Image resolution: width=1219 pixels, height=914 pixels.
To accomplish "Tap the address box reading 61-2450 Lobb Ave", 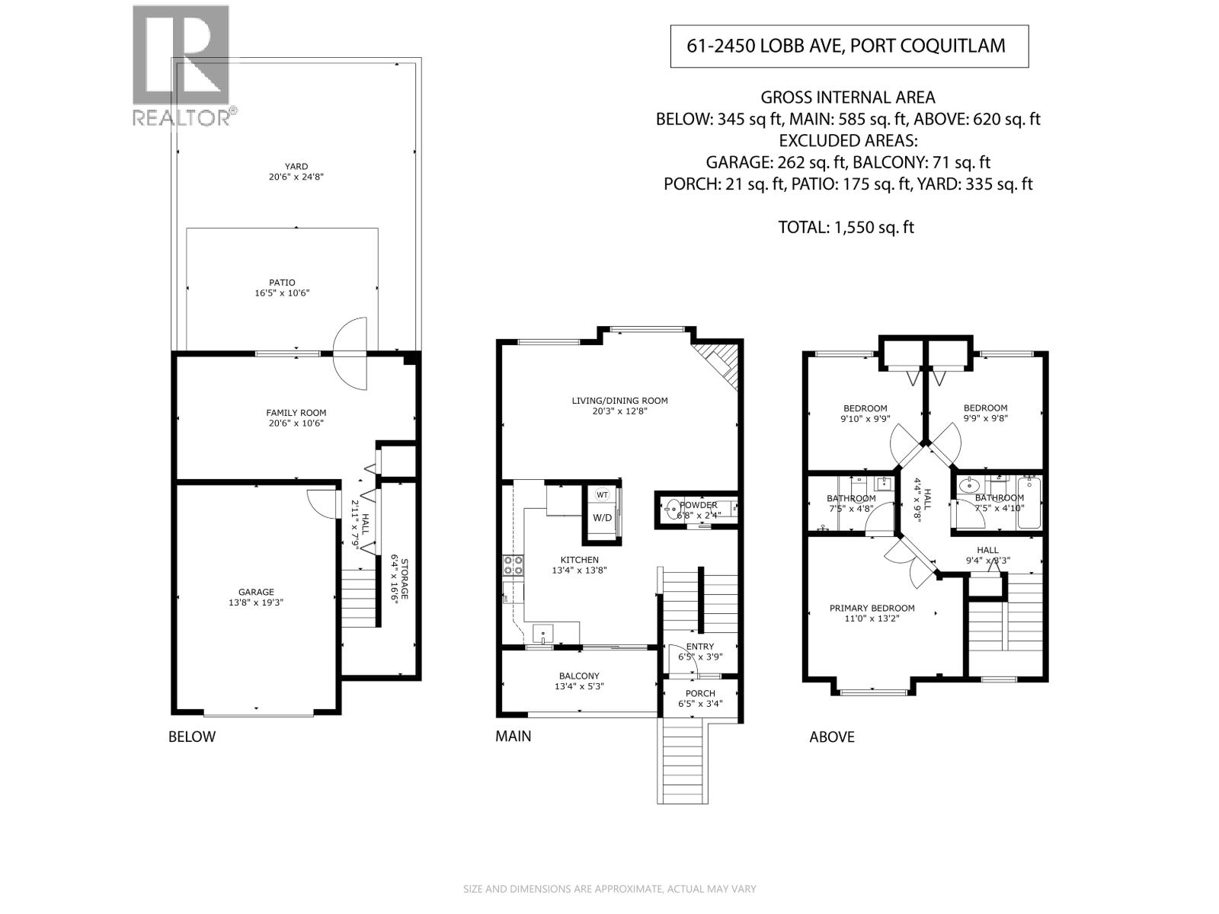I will click(848, 46).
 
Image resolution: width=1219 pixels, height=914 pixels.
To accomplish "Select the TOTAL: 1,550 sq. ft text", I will click(845, 227).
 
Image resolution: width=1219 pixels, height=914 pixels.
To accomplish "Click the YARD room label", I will click(296, 166).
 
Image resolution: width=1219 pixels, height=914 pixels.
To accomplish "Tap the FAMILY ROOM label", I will click(296, 413).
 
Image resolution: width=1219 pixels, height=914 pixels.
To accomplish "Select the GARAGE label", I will click(256, 592).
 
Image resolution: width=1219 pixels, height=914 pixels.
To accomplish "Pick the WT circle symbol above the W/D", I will click(602, 494).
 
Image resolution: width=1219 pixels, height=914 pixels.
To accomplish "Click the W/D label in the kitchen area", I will click(602, 518).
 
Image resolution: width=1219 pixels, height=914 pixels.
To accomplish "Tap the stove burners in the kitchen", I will click(513, 565).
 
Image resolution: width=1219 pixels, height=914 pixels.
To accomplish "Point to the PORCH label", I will click(699, 693).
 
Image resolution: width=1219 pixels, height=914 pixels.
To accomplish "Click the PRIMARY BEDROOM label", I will click(872, 608).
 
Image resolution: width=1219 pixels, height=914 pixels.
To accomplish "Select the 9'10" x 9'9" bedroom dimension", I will click(865, 418).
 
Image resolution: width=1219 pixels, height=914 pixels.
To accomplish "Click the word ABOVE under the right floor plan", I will click(831, 737).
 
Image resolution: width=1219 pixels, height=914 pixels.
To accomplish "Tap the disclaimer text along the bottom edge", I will click(609, 889).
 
